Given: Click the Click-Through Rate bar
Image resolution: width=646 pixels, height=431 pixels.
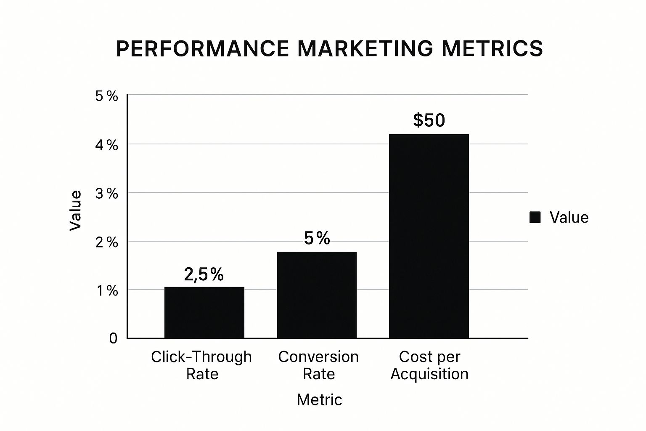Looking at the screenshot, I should coord(204,312).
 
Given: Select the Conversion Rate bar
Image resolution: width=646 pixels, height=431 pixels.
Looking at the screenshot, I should coord(316,295).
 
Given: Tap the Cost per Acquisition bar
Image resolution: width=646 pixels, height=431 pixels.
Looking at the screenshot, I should coord(429,236).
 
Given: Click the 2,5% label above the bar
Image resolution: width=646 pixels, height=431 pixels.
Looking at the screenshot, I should coord(204,274).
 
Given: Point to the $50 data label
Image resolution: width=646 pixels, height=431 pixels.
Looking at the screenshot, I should coord(429,120).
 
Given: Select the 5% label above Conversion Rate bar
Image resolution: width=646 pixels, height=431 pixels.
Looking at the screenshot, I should coord(317,239).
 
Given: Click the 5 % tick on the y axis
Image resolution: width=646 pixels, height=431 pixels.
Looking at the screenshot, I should coord(106,96).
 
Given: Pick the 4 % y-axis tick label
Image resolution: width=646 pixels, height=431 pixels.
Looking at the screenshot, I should coord(106,145).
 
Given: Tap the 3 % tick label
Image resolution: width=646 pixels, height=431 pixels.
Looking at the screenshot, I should coord(106,194).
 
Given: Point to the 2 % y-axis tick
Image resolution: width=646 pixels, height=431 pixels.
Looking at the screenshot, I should coord(106,242).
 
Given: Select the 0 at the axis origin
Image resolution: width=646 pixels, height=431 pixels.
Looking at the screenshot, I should coord(113,338).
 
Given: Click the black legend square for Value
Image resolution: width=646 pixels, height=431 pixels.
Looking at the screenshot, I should coord(535,218).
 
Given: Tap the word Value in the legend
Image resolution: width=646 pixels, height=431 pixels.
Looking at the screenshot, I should coord(569,218).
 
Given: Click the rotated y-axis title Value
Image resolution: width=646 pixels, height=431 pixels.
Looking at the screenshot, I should coord(75,210).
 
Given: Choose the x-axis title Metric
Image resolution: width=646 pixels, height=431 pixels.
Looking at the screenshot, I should coord(319,399).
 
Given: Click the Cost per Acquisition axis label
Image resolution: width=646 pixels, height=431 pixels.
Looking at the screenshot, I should coord(429,365).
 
